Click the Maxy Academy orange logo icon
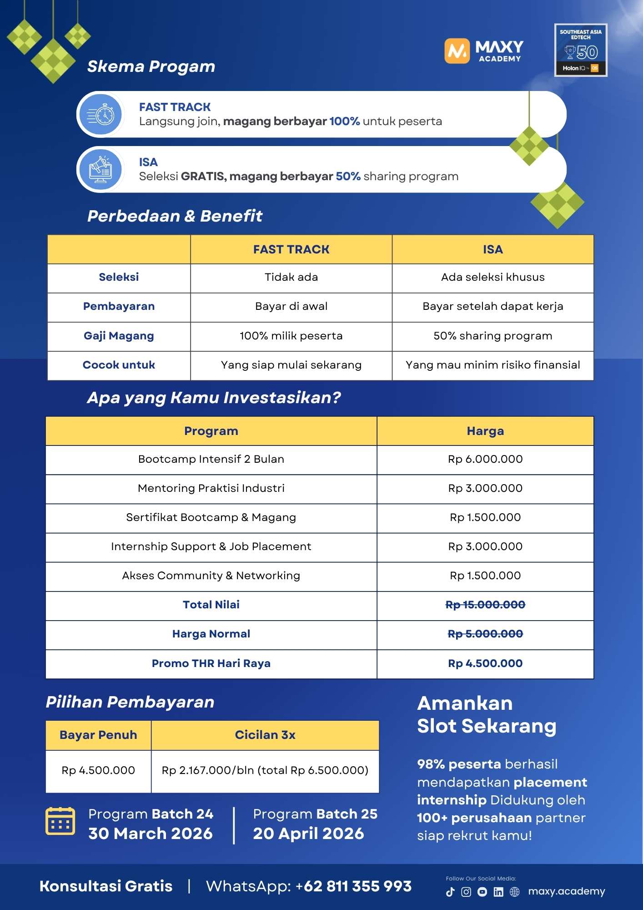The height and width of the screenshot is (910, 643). click(x=457, y=51)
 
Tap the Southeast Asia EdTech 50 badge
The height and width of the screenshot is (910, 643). click(x=581, y=50)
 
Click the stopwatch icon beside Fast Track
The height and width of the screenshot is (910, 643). click(x=101, y=115)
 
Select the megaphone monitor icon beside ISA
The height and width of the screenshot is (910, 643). click(x=101, y=169)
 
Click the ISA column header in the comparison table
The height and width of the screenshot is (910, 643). click(x=492, y=249)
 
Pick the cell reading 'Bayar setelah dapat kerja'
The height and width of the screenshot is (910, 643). click(x=492, y=306)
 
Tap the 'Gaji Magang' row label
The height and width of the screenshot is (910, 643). click(x=119, y=336)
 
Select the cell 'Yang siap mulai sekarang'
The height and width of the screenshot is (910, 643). click(x=291, y=365)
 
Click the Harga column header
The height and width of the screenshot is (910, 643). click(x=485, y=431)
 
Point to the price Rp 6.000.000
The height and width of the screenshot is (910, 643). click(x=485, y=459)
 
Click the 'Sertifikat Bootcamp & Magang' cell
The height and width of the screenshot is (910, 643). click(x=211, y=517)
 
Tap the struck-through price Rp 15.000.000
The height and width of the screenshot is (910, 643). click(x=485, y=605)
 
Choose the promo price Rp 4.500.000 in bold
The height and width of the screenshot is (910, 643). click(x=485, y=663)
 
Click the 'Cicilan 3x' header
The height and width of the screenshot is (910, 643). click(x=265, y=735)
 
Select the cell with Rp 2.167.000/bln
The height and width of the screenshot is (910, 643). click(x=265, y=770)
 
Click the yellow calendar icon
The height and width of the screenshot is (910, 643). click(x=60, y=821)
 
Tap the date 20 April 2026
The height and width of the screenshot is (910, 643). click(x=308, y=834)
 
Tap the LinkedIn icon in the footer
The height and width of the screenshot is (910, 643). click(x=498, y=892)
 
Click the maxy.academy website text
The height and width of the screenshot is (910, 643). click(x=567, y=891)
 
